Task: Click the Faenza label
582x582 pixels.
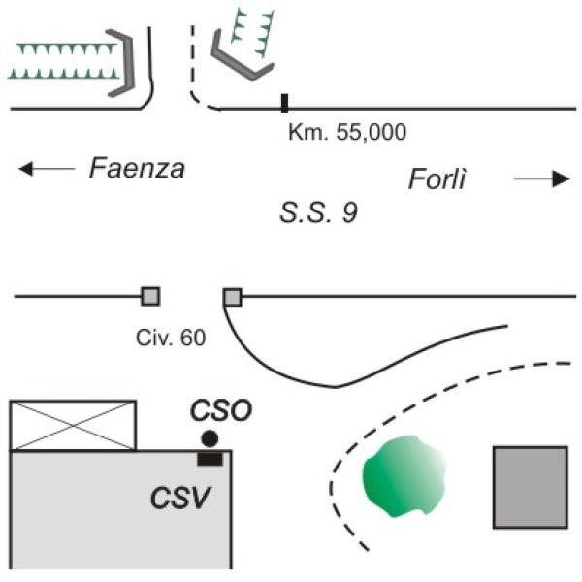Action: [x=136, y=169]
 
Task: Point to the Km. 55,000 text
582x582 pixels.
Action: [x=346, y=132]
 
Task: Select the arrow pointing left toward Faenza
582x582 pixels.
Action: [x=47, y=170]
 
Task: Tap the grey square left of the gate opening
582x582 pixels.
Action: [x=150, y=296]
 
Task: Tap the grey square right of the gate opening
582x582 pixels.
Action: [x=233, y=297]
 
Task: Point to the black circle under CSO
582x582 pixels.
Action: [x=209, y=438]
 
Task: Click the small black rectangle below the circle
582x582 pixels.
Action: [x=210, y=457]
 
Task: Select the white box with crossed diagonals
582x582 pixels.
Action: [x=73, y=425]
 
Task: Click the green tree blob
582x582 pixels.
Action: [x=406, y=478]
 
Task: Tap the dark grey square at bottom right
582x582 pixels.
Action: [x=530, y=487]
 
